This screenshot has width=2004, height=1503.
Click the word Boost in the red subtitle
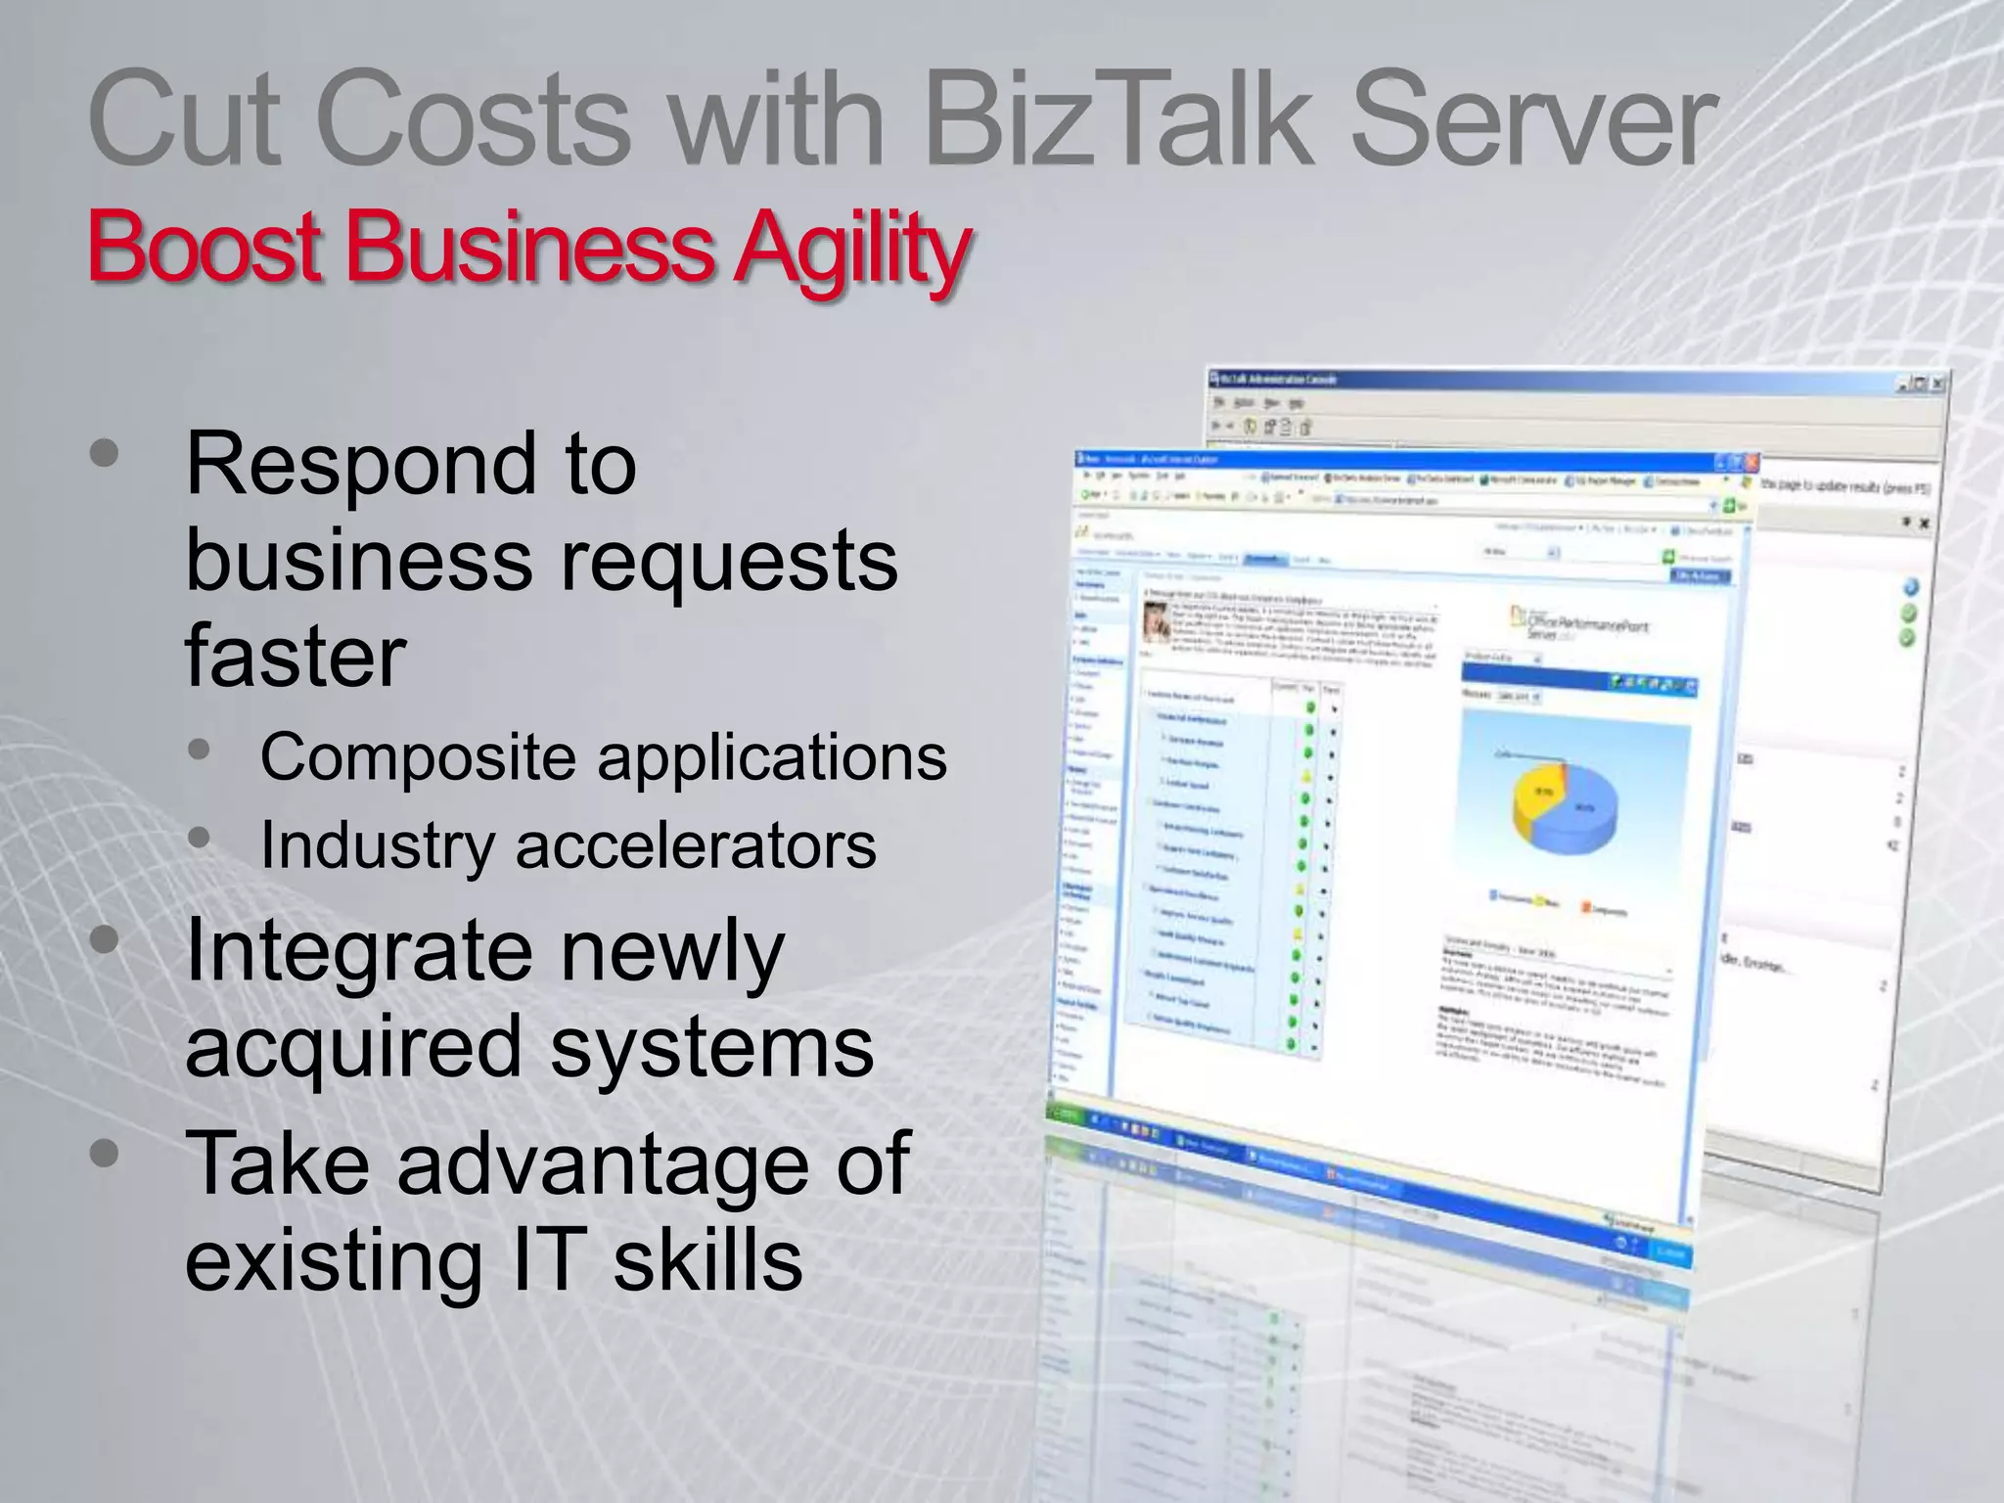(x=205, y=247)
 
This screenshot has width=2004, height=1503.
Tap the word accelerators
(x=696, y=844)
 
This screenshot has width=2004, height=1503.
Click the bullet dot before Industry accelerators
(x=200, y=839)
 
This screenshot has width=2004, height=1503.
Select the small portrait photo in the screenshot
(x=1159, y=620)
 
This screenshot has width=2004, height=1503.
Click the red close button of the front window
(x=1752, y=463)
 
